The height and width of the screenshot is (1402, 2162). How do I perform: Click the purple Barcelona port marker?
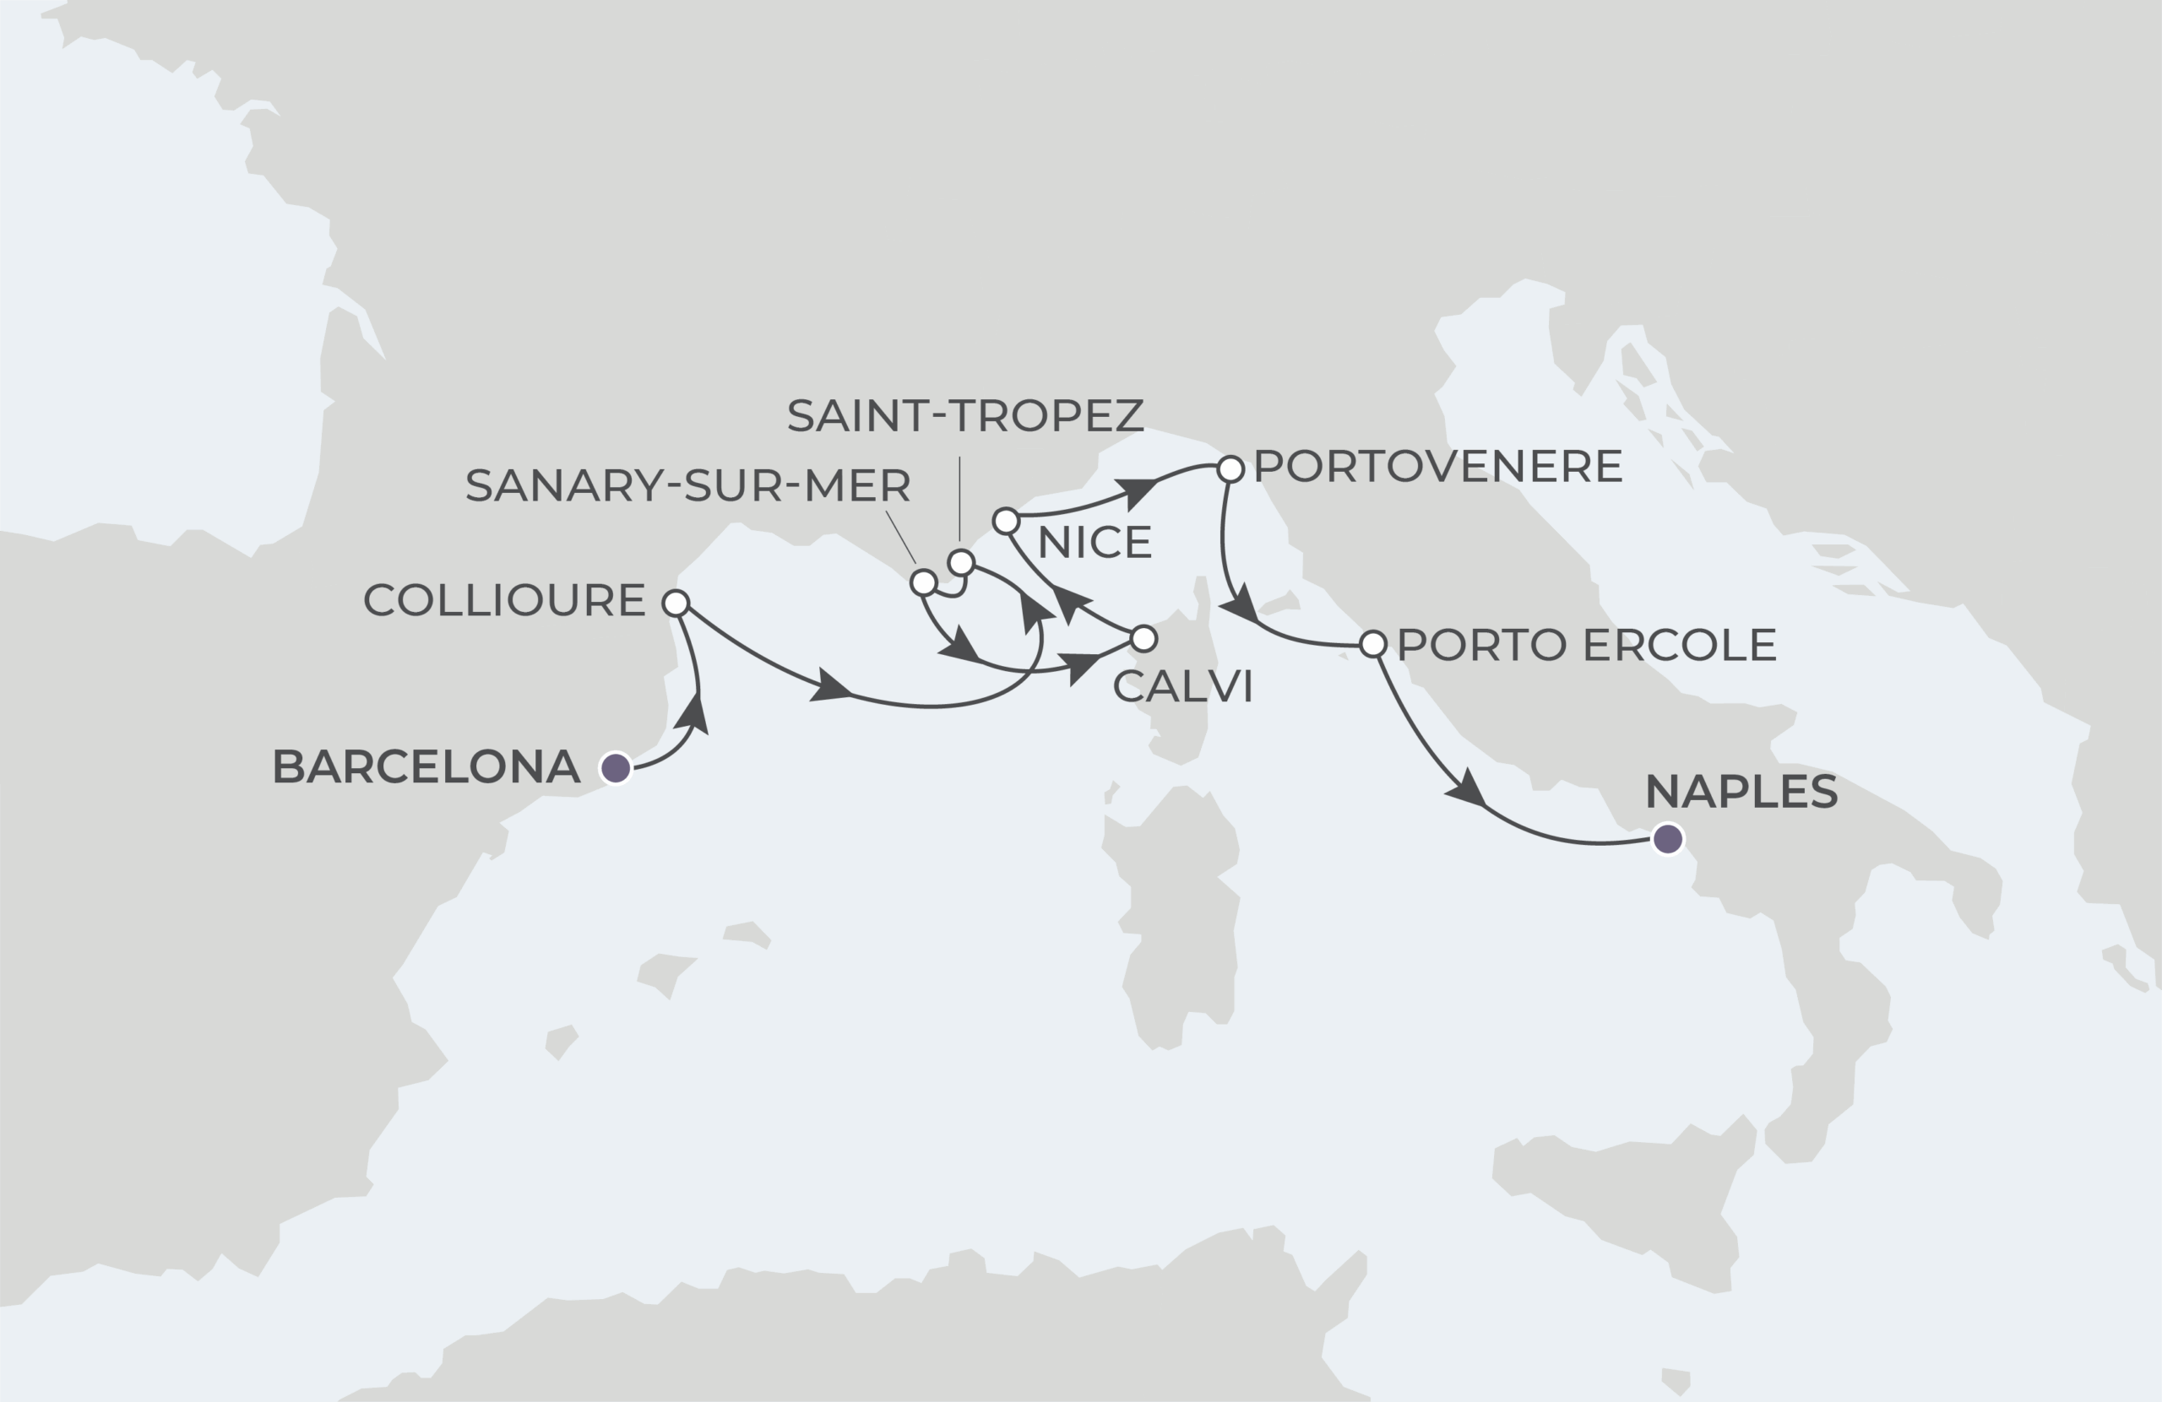coord(616,768)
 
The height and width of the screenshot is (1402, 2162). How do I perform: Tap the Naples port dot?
coord(1668,839)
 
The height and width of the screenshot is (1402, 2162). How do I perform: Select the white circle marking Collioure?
coord(676,603)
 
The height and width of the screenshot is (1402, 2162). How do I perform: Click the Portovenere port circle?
coord(1230,469)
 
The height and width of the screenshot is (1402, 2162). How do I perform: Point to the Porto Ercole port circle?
coord(1373,645)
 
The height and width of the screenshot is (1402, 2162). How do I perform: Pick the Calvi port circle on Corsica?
coord(1143,639)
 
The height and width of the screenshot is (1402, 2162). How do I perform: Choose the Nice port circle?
coord(1006,521)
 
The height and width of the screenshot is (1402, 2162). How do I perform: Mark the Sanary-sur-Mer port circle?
coord(923,583)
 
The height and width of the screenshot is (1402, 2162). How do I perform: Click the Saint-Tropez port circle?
coord(961,563)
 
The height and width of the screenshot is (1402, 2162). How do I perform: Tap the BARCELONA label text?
coord(426,767)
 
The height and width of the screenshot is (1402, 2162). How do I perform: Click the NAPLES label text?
coord(1741,792)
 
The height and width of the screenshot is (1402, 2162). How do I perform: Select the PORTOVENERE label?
coord(1437,467)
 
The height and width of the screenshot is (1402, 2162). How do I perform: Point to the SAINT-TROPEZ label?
coord(964,416)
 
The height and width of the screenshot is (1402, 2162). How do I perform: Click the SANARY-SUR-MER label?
coord(687,487)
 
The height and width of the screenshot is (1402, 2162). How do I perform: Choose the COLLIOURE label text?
coord(504,601)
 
